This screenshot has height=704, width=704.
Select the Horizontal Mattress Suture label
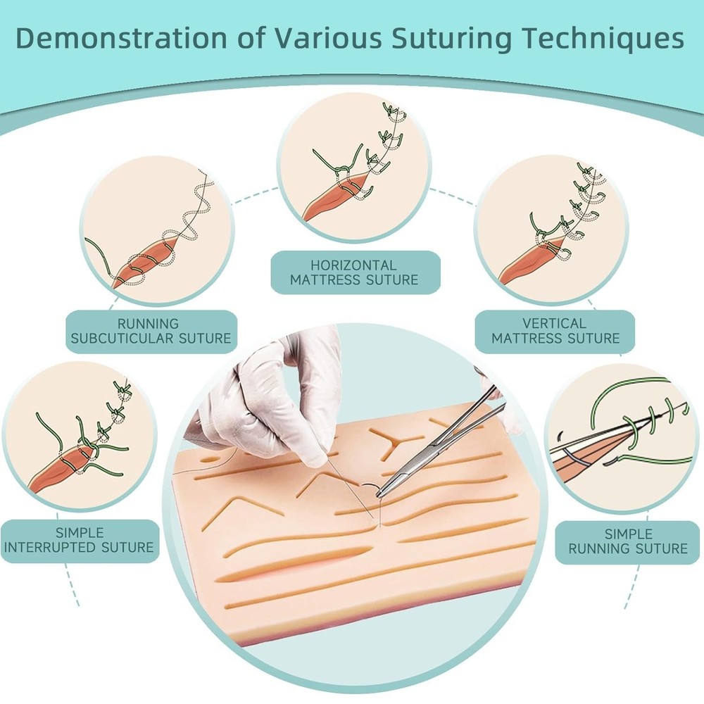coord(354,272)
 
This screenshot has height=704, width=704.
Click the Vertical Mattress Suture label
coord(555,331)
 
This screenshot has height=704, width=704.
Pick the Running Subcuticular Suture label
coord(149,331)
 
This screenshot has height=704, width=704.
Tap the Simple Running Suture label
coord(628,541)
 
